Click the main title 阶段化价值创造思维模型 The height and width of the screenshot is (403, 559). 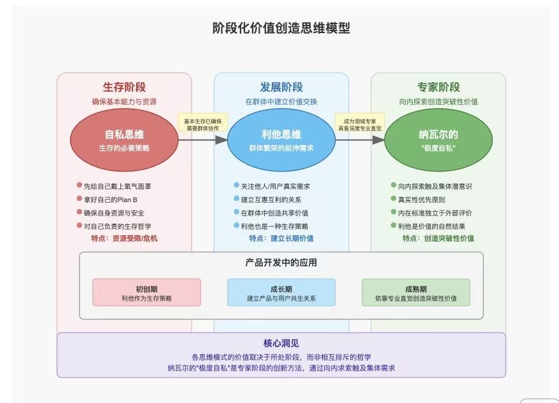281,29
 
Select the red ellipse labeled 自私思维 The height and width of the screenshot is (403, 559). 124,140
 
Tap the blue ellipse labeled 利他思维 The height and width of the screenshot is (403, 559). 281,140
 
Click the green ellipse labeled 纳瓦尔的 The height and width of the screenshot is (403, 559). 438,140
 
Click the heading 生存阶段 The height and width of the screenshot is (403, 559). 124,88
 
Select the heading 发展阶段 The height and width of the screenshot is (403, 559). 281,88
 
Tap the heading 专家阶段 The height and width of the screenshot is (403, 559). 438,88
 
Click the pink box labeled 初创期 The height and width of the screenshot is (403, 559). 146,292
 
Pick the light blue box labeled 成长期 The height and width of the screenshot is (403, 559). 281,292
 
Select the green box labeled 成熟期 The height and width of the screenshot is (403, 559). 416,292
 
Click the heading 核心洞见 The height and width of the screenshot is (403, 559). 281,343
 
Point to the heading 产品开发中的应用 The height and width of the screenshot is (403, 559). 281,263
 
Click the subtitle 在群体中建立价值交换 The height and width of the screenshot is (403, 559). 281,102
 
